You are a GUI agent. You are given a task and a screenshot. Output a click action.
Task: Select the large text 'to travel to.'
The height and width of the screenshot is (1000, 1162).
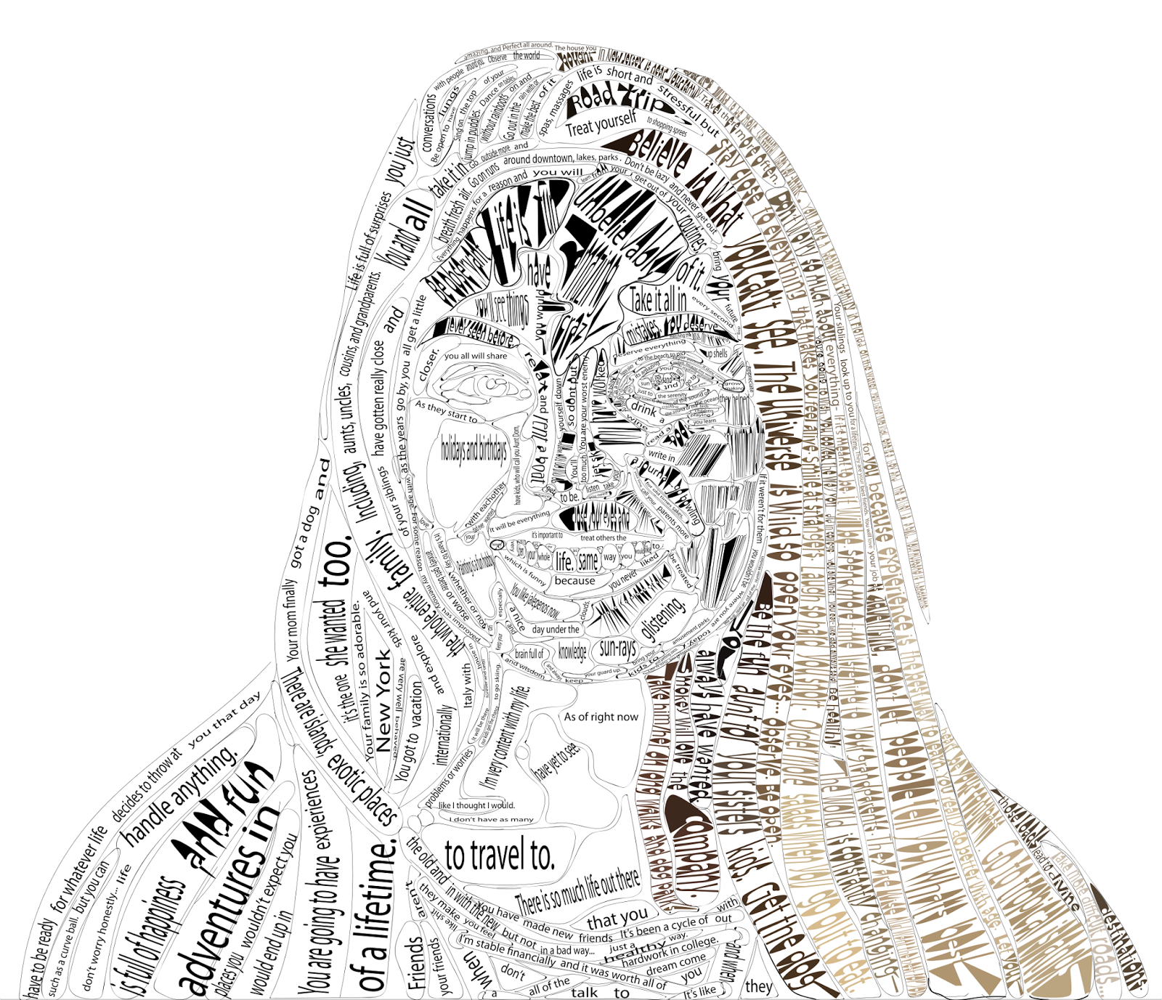(500, 856)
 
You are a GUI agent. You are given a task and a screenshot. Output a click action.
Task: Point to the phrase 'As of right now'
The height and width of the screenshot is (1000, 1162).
(601, 717)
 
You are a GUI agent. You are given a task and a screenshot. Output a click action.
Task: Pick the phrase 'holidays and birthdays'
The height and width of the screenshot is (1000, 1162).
(474, 450)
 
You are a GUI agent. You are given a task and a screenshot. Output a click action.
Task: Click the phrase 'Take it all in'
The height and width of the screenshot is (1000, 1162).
(658, 298)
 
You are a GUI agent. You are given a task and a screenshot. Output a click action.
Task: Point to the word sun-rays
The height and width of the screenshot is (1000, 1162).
(617, 649)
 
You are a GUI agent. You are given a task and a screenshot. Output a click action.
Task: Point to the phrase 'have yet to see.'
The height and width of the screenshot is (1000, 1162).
(558, 761)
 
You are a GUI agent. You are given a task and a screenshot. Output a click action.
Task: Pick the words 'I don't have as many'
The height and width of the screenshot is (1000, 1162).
(492, 819)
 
